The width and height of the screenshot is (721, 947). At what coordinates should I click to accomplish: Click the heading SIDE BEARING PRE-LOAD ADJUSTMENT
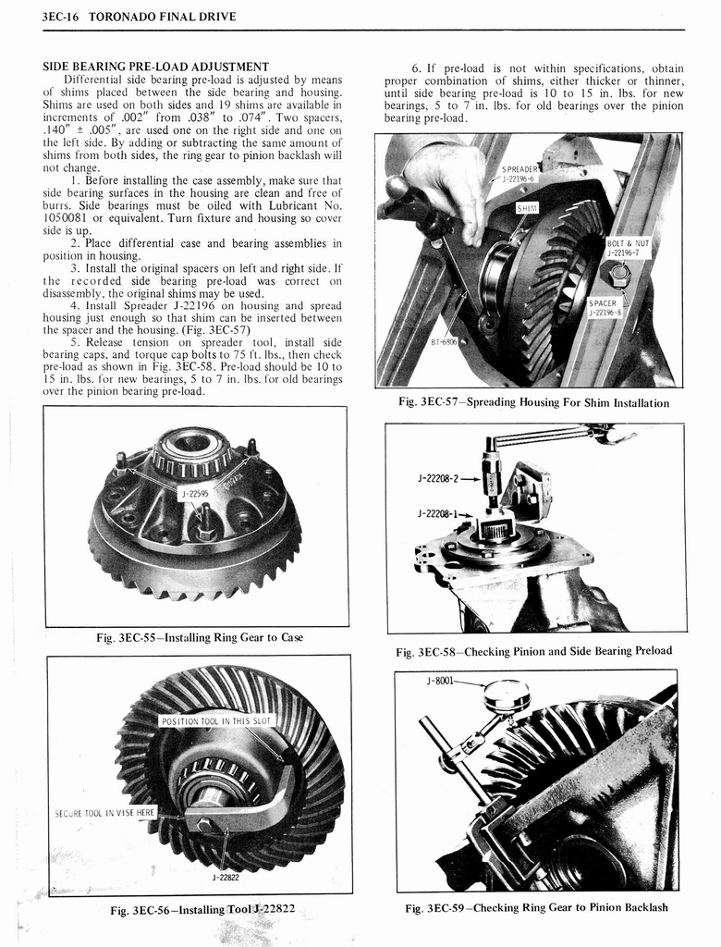pyautogui.click(x=156, y=67)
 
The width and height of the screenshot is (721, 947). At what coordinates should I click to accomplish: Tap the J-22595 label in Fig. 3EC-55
pyautogui.click(x=194, y=495)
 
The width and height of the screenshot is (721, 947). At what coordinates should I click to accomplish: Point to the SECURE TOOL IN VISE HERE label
pyautogui.click(x=104, y=813)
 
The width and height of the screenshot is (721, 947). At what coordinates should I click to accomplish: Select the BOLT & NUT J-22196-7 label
pyautogui.click(x=629, y=248)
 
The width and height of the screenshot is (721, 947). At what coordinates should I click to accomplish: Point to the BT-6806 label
pyautogui.click(x=445, y=341)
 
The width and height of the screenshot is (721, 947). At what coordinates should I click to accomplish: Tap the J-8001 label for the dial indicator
pyautogui.click(x=441, y=682)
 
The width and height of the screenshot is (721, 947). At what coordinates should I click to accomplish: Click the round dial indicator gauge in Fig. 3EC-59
pyautogui.click(x=506, y=695)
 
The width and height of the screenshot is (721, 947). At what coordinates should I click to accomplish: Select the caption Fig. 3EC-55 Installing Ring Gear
pyautogui.click(x=199, y=638)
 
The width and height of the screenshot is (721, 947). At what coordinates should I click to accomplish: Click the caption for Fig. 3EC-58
pyautogui.click(x=533, y=651)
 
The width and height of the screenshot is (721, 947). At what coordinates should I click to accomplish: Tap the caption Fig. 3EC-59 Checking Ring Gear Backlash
pyautogui.click(x=536, y=907)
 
